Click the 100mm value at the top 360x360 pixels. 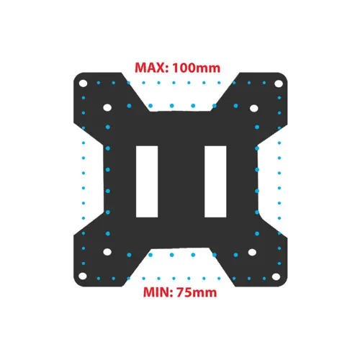click(x=197, y=68)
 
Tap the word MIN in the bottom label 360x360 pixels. click(x=157, y=292)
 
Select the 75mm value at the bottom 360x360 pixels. click(x=197, y=292)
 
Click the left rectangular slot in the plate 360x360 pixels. click(x=147, y=181)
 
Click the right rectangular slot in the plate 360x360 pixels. click(x=215, y=181)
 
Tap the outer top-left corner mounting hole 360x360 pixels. click(x=83, y=84)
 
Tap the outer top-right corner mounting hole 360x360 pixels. click(x=279, y=84)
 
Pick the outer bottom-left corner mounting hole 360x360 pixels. click(x=83, y=276)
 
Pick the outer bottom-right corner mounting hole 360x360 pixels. click(x=276, y=276)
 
